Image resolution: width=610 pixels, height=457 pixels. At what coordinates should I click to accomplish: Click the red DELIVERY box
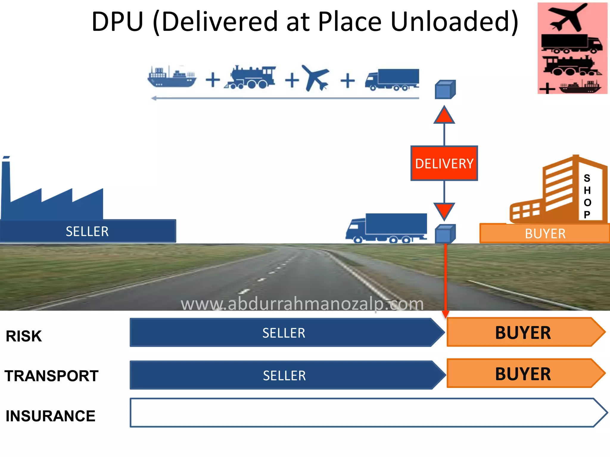tap(444, 163)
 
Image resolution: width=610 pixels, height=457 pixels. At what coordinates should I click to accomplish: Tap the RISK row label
tap(24, 336)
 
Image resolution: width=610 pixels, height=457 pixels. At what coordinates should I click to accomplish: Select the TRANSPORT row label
tap(52, 376)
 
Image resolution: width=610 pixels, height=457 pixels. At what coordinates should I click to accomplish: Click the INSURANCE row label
tap(50, 416)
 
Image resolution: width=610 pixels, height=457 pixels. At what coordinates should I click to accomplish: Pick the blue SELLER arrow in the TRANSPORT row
tap(284, 375)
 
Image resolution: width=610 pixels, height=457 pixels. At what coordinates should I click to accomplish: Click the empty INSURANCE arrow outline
tap(357, 413)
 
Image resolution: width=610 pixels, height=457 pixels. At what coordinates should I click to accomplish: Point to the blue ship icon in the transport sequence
tap(172, 77)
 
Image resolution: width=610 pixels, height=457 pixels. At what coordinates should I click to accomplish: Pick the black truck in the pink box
tap(571, 43)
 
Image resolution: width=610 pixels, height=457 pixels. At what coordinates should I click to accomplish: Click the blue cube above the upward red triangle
tap(445, 90)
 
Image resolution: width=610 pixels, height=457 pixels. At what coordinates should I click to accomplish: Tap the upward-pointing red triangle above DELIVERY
tap(444, 116)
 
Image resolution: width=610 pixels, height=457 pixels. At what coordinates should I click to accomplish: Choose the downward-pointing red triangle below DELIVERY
tap(444, 210)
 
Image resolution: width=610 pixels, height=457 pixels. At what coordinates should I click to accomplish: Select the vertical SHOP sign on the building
tap(587, 196)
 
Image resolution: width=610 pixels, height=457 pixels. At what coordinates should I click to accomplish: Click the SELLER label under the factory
tap(87, 231)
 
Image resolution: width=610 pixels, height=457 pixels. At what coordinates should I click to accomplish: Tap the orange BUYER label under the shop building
tap(545, 234)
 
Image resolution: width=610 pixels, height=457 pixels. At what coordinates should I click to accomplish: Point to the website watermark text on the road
tap(302, 304)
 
